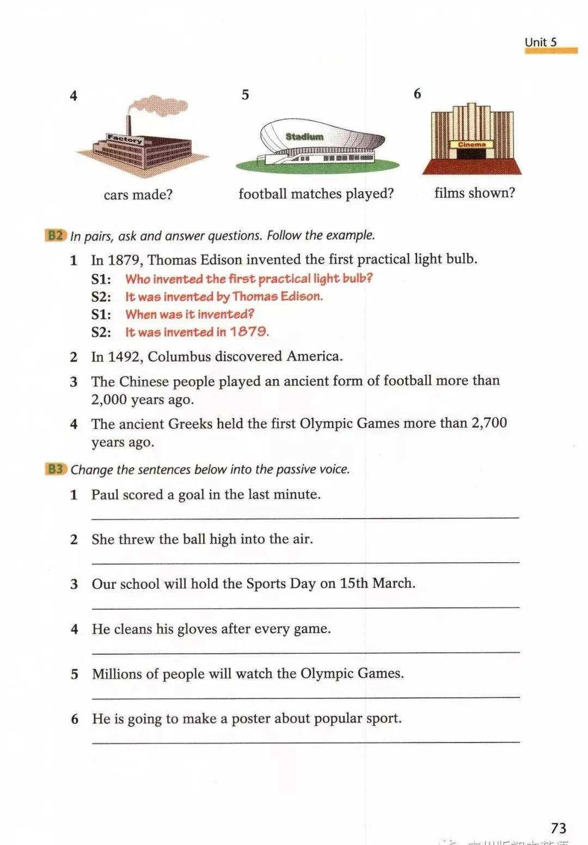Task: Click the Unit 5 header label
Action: click(540, 42)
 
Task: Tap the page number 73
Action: click(559, 828)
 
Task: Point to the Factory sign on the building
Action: click(125, 139)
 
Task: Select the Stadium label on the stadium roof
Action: click(304, 137)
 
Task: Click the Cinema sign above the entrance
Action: click(471, 145)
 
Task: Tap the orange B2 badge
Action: click(56, 235)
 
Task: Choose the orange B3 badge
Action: click(56, 469)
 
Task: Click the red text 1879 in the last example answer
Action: click(249, 332)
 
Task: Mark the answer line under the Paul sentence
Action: click(305, 516)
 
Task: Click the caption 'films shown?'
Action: click(474, 193)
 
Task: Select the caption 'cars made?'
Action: click(138, 194)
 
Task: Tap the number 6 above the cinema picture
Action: click(417, 94)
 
